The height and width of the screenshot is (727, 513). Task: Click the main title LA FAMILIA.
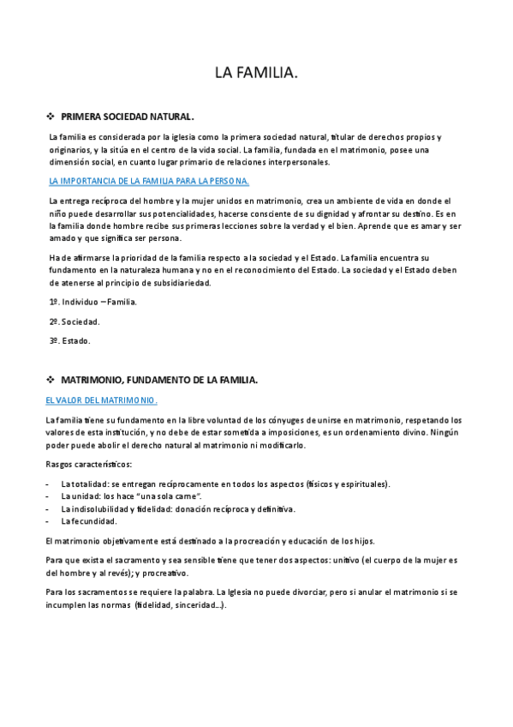click(256, 75)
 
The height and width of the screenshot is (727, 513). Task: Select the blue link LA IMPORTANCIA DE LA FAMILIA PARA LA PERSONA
click(149, 181)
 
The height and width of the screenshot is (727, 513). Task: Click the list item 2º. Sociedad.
click(74, 321)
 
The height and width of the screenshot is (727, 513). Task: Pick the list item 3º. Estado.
click(69, 340)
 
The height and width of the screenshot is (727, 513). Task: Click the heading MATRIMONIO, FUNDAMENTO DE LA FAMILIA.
click(159, 379)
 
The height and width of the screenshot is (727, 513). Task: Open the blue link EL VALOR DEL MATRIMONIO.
click(101, 400)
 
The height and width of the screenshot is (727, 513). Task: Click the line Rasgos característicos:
click(88, 464)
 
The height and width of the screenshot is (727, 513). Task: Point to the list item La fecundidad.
click(89, 520)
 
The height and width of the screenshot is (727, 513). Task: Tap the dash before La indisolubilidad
click(46, 508)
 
